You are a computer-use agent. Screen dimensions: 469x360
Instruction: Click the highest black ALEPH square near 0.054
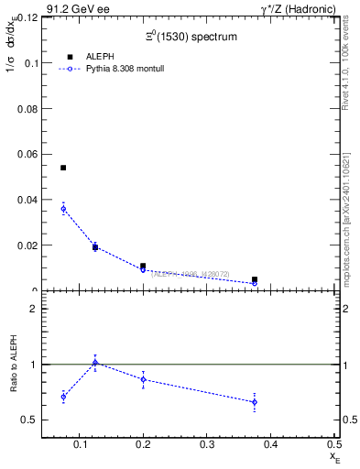(x=63, y=168)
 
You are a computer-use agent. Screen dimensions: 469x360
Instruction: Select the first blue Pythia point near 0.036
(x=63, y=209)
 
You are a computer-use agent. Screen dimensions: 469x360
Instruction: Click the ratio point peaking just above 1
(x=95, y=363)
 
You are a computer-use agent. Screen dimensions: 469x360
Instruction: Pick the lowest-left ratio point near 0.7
(x=63, y=397)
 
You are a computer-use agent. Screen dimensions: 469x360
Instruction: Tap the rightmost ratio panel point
(x=255, y=402)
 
